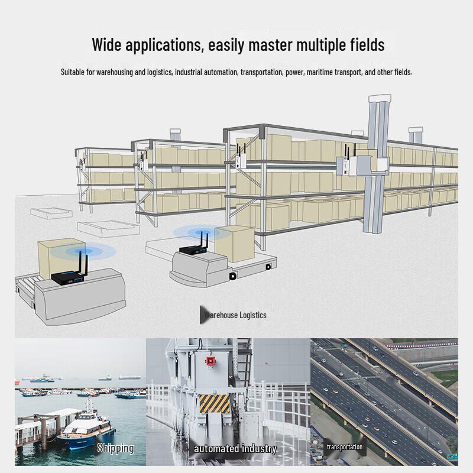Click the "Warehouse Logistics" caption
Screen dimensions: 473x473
pyautogui.click(x=235, y=315)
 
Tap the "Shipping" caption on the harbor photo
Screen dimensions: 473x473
pyautogui.click(x=115, y=448)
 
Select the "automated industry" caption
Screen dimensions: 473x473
pyautogui.click(x=235, y=449)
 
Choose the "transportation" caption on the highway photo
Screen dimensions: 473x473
pyautogui.click(x=345, y=447)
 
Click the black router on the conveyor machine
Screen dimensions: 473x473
pyautogui.click(x=69, y=274)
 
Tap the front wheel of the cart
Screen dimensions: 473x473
pyautogui.click(x=232, y=276)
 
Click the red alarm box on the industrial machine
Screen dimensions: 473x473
pyautogui.click(x=210, y=361)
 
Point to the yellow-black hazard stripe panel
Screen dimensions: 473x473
pyautogui.click(x=215, y=404)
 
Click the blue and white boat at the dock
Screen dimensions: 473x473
pyautogui.click(x=86, y=426)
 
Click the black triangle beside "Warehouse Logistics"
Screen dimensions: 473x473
pyautogui.click(x=205, y=315)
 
